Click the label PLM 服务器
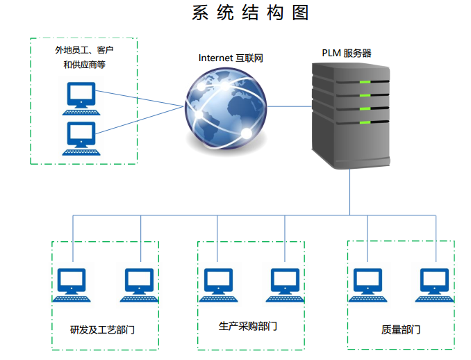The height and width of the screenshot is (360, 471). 347,53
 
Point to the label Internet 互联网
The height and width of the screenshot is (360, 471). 231,58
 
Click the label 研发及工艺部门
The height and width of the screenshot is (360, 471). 103,329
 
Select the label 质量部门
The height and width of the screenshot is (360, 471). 401,329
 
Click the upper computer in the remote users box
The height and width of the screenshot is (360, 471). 81,98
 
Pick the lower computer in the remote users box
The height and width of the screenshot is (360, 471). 81,138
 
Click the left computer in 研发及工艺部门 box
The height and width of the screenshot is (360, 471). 72,284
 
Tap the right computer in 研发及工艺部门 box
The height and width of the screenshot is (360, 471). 140,284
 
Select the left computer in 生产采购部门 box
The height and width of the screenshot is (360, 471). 217,284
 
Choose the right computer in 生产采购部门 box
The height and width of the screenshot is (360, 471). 285,284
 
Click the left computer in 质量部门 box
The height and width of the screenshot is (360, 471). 367,284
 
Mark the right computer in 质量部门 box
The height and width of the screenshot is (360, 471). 435,284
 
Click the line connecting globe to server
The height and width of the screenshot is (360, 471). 288,106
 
